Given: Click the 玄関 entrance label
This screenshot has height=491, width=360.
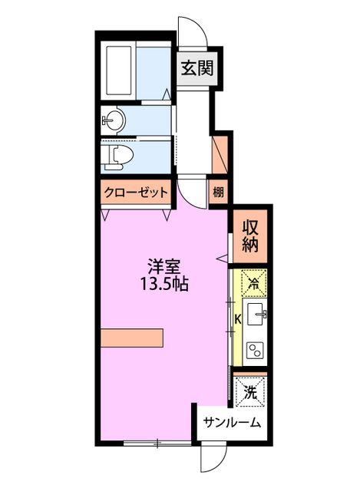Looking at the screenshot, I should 197,68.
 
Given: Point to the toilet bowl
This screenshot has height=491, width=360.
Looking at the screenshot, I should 120,156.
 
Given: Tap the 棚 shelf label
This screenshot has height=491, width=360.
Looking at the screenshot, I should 219,193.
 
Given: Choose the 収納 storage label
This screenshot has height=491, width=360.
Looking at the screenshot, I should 251,236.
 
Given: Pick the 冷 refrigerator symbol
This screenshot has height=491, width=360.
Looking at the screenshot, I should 254,282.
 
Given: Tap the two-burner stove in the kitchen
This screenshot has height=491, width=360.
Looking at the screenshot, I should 255,350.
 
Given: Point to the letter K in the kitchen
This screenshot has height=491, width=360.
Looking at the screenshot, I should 237,318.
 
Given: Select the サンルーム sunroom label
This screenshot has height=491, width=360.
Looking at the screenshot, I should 232,423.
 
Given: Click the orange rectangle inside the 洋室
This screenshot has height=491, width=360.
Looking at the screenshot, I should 131,338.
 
